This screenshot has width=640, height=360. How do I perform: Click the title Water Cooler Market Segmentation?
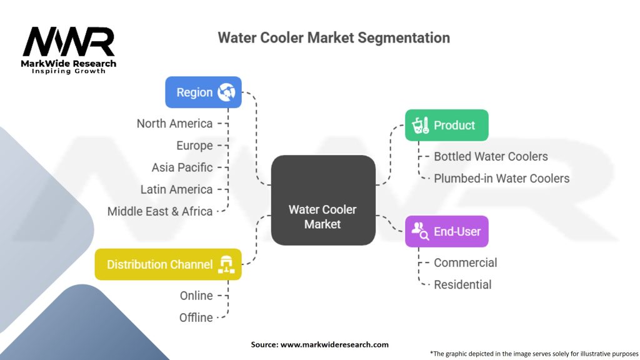[333, 37]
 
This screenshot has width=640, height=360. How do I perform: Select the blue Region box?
[203, 92]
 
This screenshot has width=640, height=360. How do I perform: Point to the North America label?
[174, 124]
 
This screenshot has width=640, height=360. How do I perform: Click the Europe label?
[194, 146]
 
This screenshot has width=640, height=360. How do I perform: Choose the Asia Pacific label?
[182, 167]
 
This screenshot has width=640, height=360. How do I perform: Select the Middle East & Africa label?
[160, 211]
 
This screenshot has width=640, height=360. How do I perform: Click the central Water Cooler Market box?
[322, 200]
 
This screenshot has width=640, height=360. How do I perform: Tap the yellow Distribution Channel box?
[168, 264]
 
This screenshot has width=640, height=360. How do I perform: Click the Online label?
[196, 296]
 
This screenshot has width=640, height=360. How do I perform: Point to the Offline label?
[196, 317]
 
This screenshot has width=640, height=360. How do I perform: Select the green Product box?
[446, 125]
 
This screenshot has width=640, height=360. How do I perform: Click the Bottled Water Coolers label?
[491, 156]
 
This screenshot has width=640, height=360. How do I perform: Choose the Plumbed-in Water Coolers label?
[501, 178]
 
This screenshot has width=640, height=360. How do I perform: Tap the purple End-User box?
[446, 231]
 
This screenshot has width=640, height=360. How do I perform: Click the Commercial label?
[466, 262]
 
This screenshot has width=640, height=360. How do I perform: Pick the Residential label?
[462, 284]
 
